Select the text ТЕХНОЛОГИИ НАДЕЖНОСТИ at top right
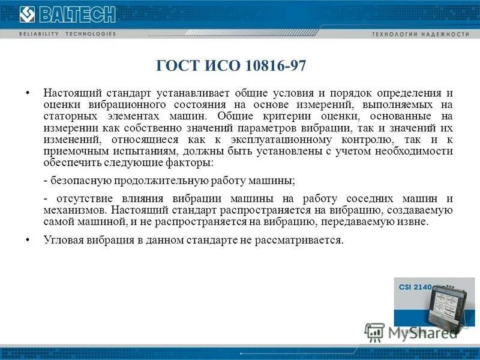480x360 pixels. click(421, 34)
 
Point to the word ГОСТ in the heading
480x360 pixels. click(177, 65)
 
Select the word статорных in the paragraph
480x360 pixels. click(68, 116)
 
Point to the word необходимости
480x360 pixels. click(415, 151)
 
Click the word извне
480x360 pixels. click(415, 221)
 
